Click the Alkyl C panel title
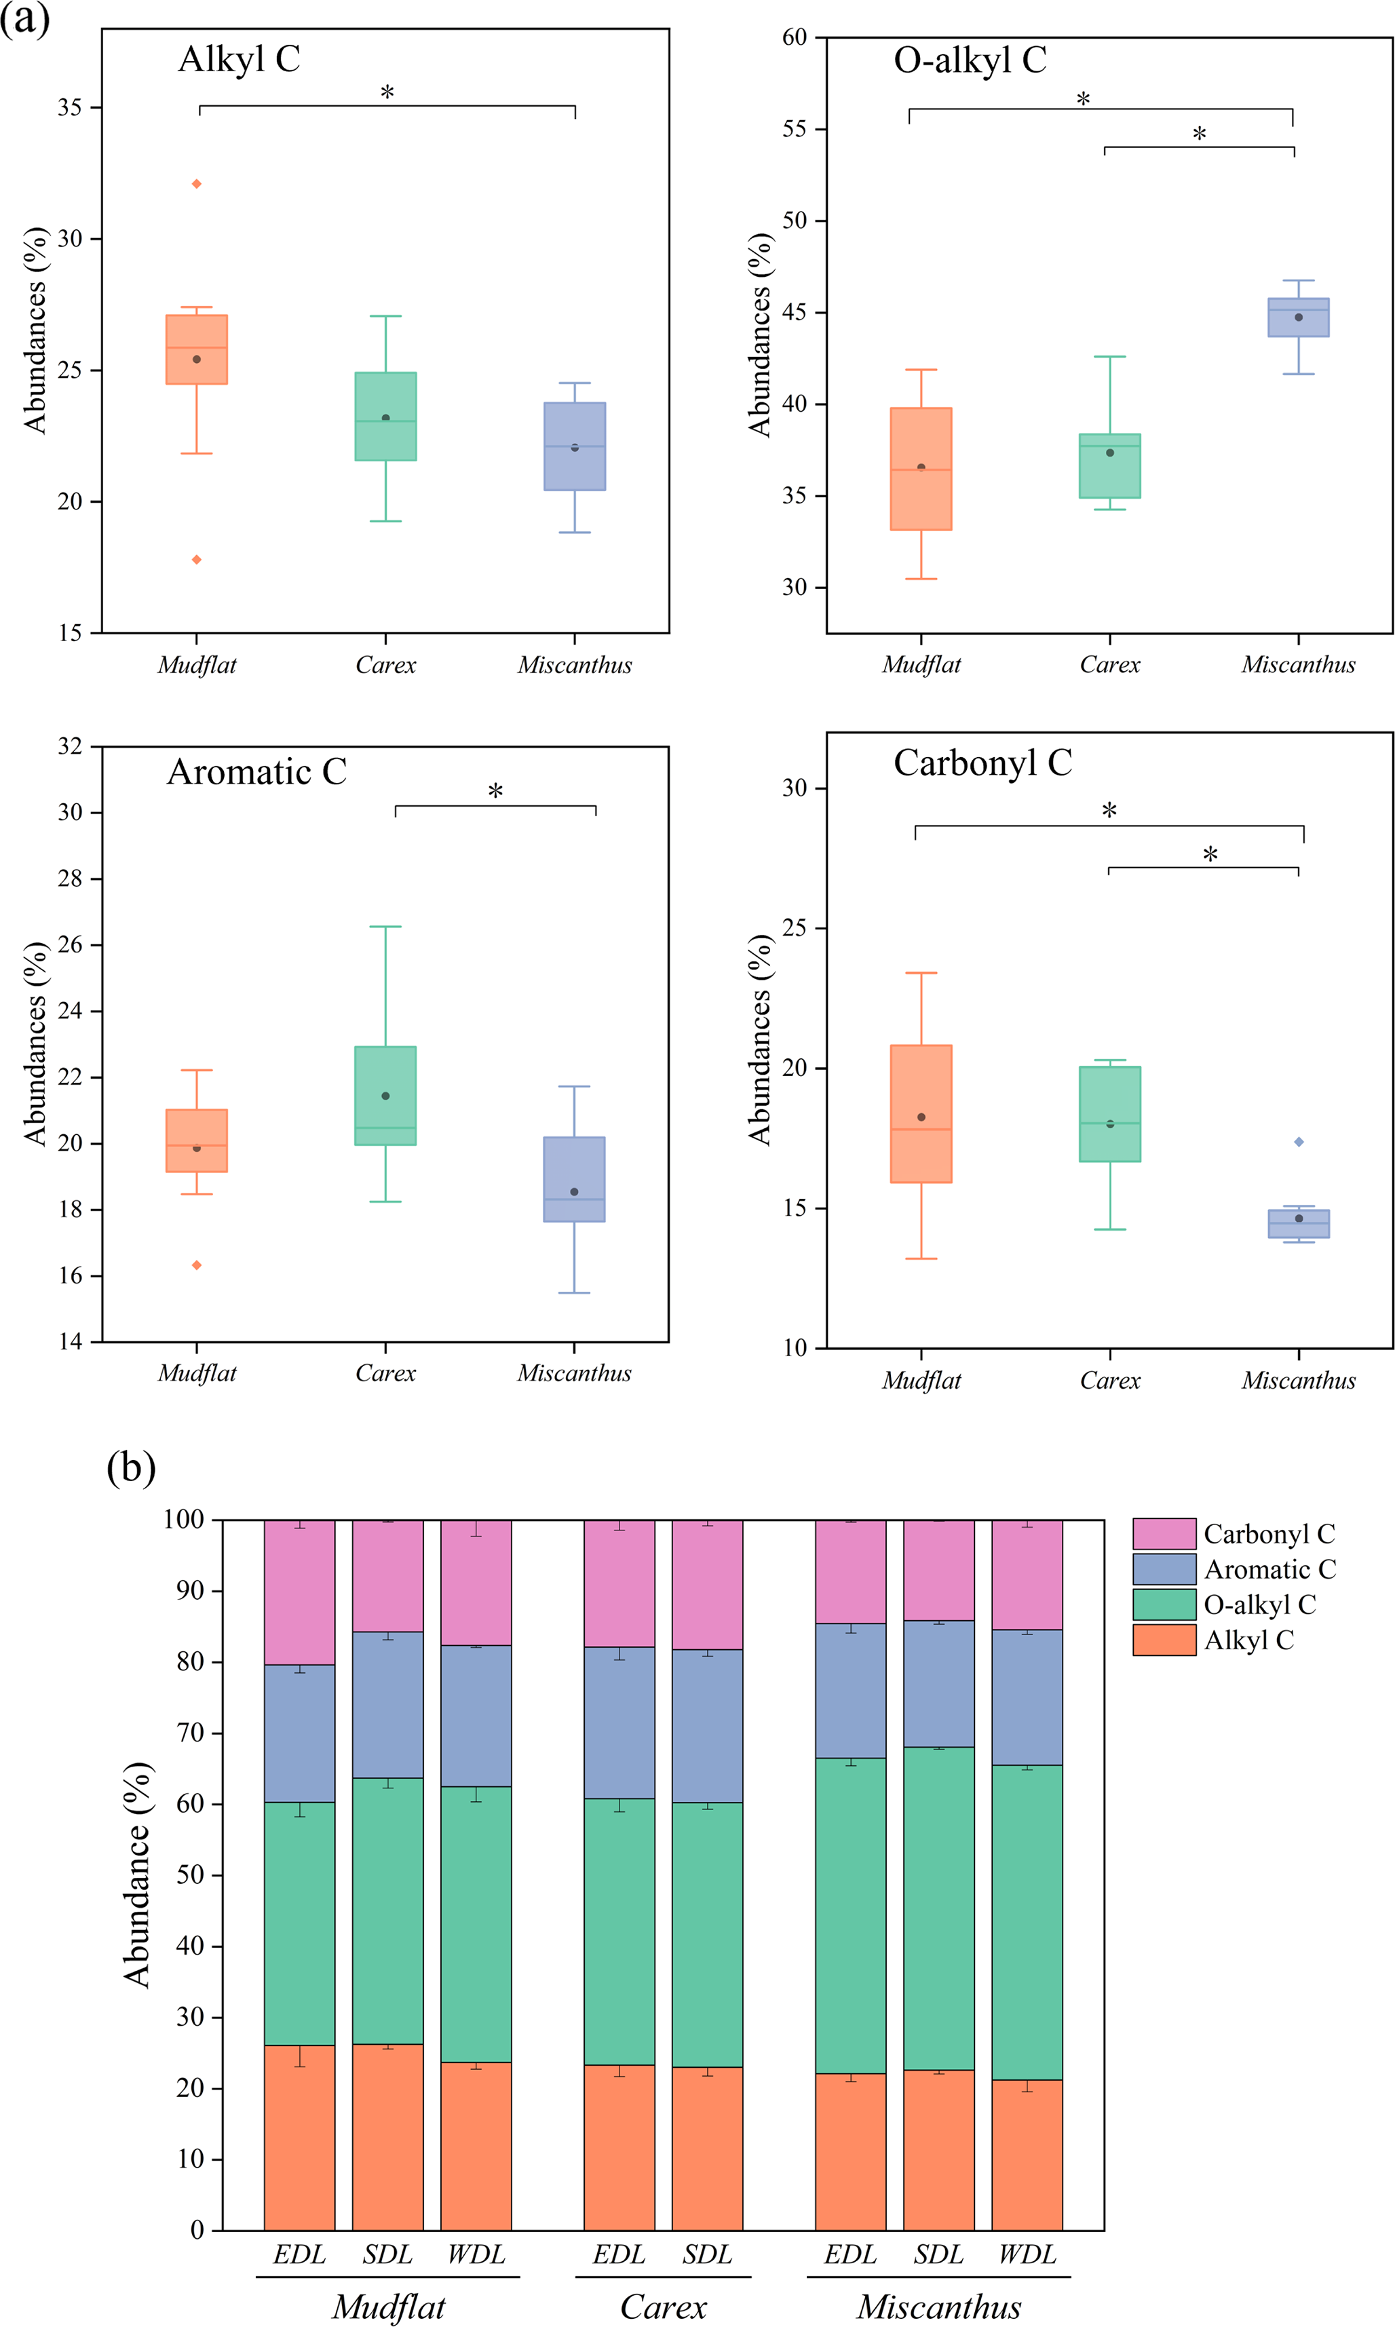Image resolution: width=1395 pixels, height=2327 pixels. pos(239,59)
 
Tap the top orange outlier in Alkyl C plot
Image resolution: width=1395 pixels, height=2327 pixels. pos(197,185)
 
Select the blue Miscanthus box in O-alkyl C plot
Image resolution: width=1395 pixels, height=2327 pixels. pos(1298,318)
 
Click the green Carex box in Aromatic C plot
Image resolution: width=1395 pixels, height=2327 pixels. pos(385,1096)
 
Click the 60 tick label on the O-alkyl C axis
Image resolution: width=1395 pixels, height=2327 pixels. pos(795,37)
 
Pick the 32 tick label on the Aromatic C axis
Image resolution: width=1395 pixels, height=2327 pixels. pos(71,747)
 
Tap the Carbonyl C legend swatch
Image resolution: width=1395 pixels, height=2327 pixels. pos(1164,1534)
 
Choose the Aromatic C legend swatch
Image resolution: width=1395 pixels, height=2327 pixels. pos(1164,1569)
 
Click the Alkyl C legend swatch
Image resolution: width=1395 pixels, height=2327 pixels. pos(1164,1640)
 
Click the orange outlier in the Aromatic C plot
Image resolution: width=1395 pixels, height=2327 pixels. pos(197,1265)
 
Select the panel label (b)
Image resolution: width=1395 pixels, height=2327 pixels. pos(131,1467)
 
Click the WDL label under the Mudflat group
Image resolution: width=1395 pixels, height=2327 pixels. pos(476,2254)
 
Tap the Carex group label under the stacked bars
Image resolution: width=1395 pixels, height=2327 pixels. pos(663,2307)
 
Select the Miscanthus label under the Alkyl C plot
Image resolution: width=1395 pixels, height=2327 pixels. pos(575,666)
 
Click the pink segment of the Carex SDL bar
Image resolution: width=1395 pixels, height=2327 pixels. pos(707,1585)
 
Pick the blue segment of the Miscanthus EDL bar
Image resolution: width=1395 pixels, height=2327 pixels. pos(849,1690)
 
